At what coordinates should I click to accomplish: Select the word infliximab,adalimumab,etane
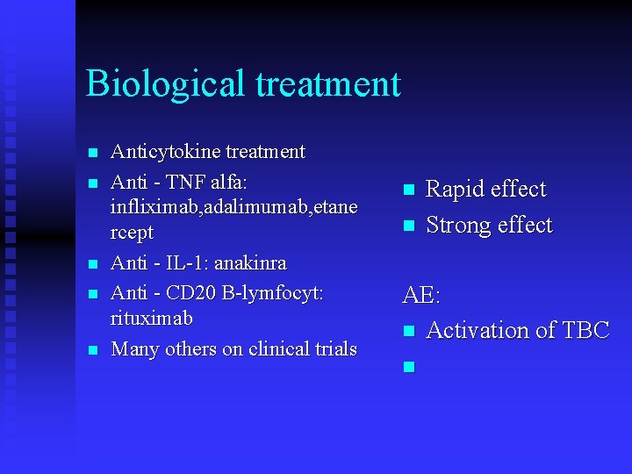click(x=233, y=207)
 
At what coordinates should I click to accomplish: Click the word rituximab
click(x=152, y=318)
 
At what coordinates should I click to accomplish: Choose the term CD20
click(x=195, y=293)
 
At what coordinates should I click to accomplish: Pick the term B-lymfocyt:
click(x=275, y=293)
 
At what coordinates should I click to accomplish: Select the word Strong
click(x=457, y=226)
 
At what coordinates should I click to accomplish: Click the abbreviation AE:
click(x=421, y=296)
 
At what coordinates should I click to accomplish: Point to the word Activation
click(x=478, y=331)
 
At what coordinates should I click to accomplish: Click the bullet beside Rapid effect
click(x=407, y=190)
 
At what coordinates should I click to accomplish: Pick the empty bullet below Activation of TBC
click(x=407, y=367)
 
